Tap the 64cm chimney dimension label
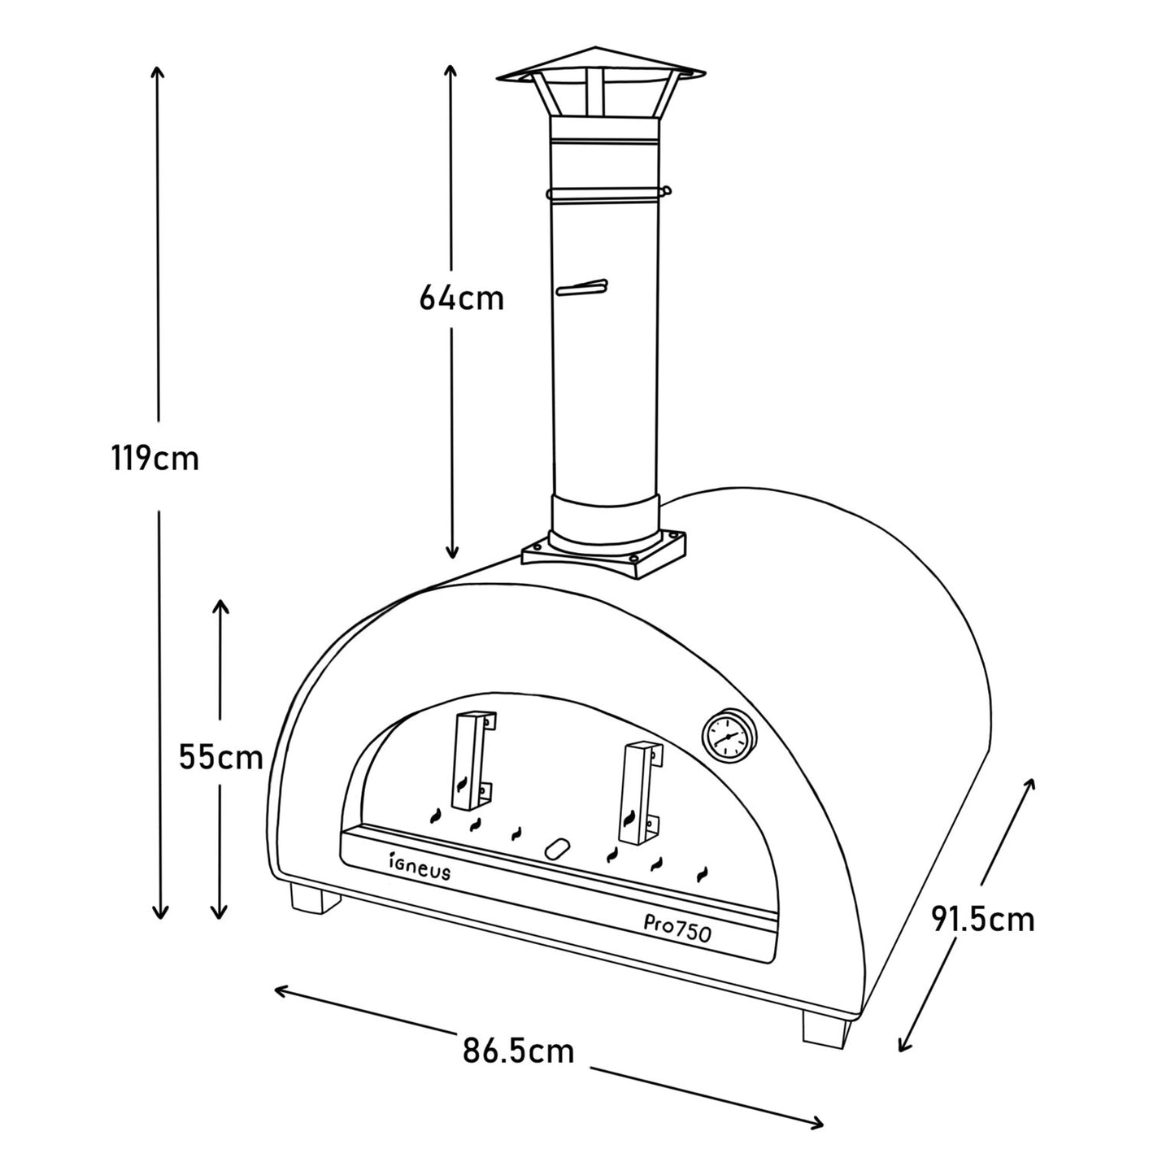pyautogui.click(x=461, y=298)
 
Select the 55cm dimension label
pyautogui.click(x=220, y=758)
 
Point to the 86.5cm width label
pyautogui.click(x=519, y=1051)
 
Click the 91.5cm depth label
pyautogui.click(x=982, y=920)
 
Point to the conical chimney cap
pyautogui.click(x=599, y=65)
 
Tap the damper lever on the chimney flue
pyautogui.click(x=581, y=288)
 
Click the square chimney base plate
pyautogui.click(x=603, y=553)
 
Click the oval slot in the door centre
pyautogui.click(x=557, y=848)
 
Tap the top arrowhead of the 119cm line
pyautogui.click(x=159, y=72)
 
